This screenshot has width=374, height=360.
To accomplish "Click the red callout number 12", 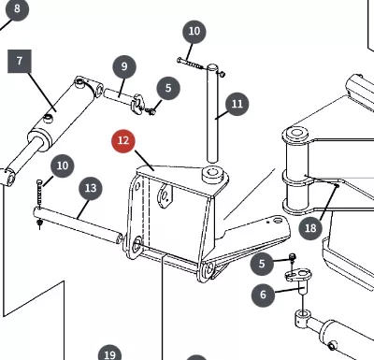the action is click(123, 141).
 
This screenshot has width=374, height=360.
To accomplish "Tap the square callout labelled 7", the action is click(20, 61).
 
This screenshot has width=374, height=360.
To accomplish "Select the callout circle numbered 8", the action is click(17, 9).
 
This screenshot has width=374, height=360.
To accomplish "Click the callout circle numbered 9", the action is click(124, 66).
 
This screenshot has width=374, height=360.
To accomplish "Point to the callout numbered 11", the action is click(237, 104).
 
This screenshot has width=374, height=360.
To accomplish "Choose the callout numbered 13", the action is click(91, 189).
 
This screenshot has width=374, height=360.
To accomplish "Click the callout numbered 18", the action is click(310, 228).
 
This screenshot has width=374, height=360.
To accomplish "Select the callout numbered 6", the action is click(263, 295).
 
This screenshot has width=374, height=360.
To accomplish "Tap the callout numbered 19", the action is click(109, 353).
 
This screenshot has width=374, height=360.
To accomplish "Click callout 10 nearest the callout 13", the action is click(63, 166).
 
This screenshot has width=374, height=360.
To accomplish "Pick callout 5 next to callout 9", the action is click(168, 88).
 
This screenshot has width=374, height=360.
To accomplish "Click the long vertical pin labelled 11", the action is click(212, 113).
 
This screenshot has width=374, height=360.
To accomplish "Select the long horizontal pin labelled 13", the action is click(78, 226).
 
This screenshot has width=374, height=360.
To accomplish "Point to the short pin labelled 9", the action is click(119, 94).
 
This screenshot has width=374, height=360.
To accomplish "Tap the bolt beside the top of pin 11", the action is click(190, 64).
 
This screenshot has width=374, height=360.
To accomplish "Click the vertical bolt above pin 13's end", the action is click(39, 194).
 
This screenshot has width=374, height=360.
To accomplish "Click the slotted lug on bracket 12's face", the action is click(165, 195).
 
